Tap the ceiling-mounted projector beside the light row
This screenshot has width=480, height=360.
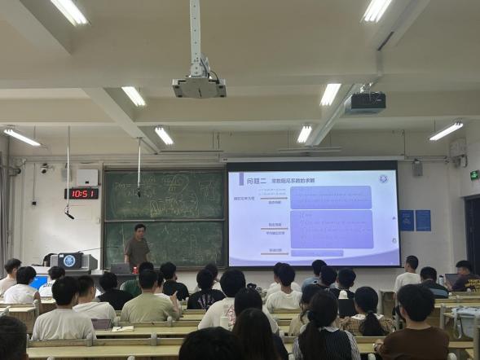tap(363, 103)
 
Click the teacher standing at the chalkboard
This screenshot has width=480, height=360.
tap(137, 247)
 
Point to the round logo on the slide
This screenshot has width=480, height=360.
tap(381, 178)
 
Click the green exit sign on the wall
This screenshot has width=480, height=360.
tap(474, 175)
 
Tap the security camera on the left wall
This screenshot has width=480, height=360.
tap(44, 169)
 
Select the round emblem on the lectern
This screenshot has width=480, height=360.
tap(68, 261)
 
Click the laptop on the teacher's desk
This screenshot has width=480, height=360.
tap(121, 268)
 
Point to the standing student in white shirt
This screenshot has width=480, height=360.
tap(407, 276)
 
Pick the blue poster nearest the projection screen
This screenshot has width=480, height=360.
tap(406, 220)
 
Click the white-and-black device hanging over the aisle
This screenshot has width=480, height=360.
tap(199, 85)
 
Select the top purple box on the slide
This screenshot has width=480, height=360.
tap(330, 197)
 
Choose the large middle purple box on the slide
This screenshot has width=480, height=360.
tap(331, 229)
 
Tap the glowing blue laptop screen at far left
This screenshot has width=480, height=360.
tap(38, 282)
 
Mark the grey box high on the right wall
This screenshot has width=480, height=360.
tap(417, 168)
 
